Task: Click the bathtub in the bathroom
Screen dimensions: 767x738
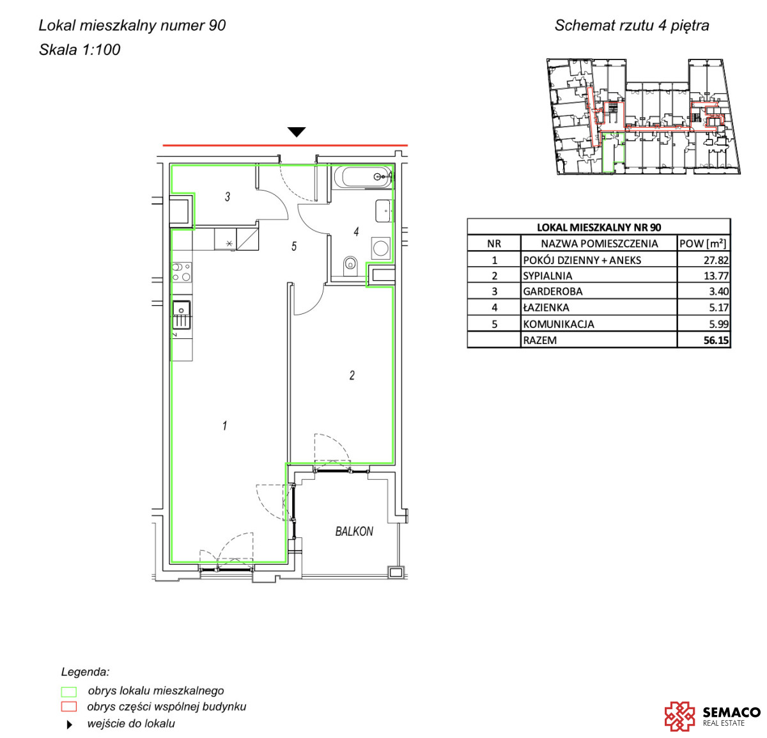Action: point(362,177)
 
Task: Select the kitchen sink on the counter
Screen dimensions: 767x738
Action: point(182,315)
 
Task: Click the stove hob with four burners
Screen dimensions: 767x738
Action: point(182,272)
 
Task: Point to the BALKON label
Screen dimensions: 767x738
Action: point(354,531)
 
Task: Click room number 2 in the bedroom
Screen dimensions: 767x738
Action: point(352,375)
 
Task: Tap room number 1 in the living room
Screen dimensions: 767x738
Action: point(224,426)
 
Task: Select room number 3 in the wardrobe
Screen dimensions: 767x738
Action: point(228,196)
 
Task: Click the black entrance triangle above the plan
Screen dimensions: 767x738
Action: point(297,132)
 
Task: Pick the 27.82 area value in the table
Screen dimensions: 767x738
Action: point(716,260)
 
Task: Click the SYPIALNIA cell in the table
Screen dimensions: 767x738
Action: point(547,276)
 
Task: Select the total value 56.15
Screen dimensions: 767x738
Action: point(716,340)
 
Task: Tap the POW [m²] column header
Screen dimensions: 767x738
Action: point(702,244)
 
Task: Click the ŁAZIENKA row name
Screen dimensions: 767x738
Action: point(546,307)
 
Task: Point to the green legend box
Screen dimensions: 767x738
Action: point(68,692)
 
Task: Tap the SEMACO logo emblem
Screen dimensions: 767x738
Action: point(679,716)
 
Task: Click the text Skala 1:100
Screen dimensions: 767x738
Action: point(80,50)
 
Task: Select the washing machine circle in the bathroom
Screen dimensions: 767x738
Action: point(380,248)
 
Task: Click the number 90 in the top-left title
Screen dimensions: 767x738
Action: point(217,25)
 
